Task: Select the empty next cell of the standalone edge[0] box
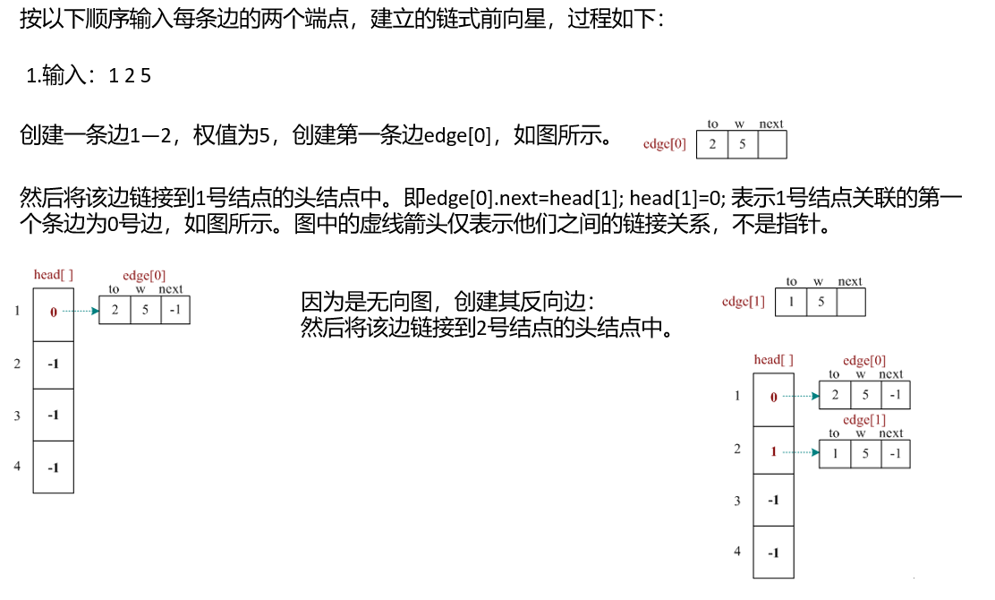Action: tap(771, 144)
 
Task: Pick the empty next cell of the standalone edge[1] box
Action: tap(850, 302)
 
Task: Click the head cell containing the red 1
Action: tap(774, 451)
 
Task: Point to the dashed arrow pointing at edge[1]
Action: tap(805, 451)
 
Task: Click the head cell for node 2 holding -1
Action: tap(53, 364)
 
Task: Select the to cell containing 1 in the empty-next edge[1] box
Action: tap(791, 302)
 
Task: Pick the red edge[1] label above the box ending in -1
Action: tap(863, 420)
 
